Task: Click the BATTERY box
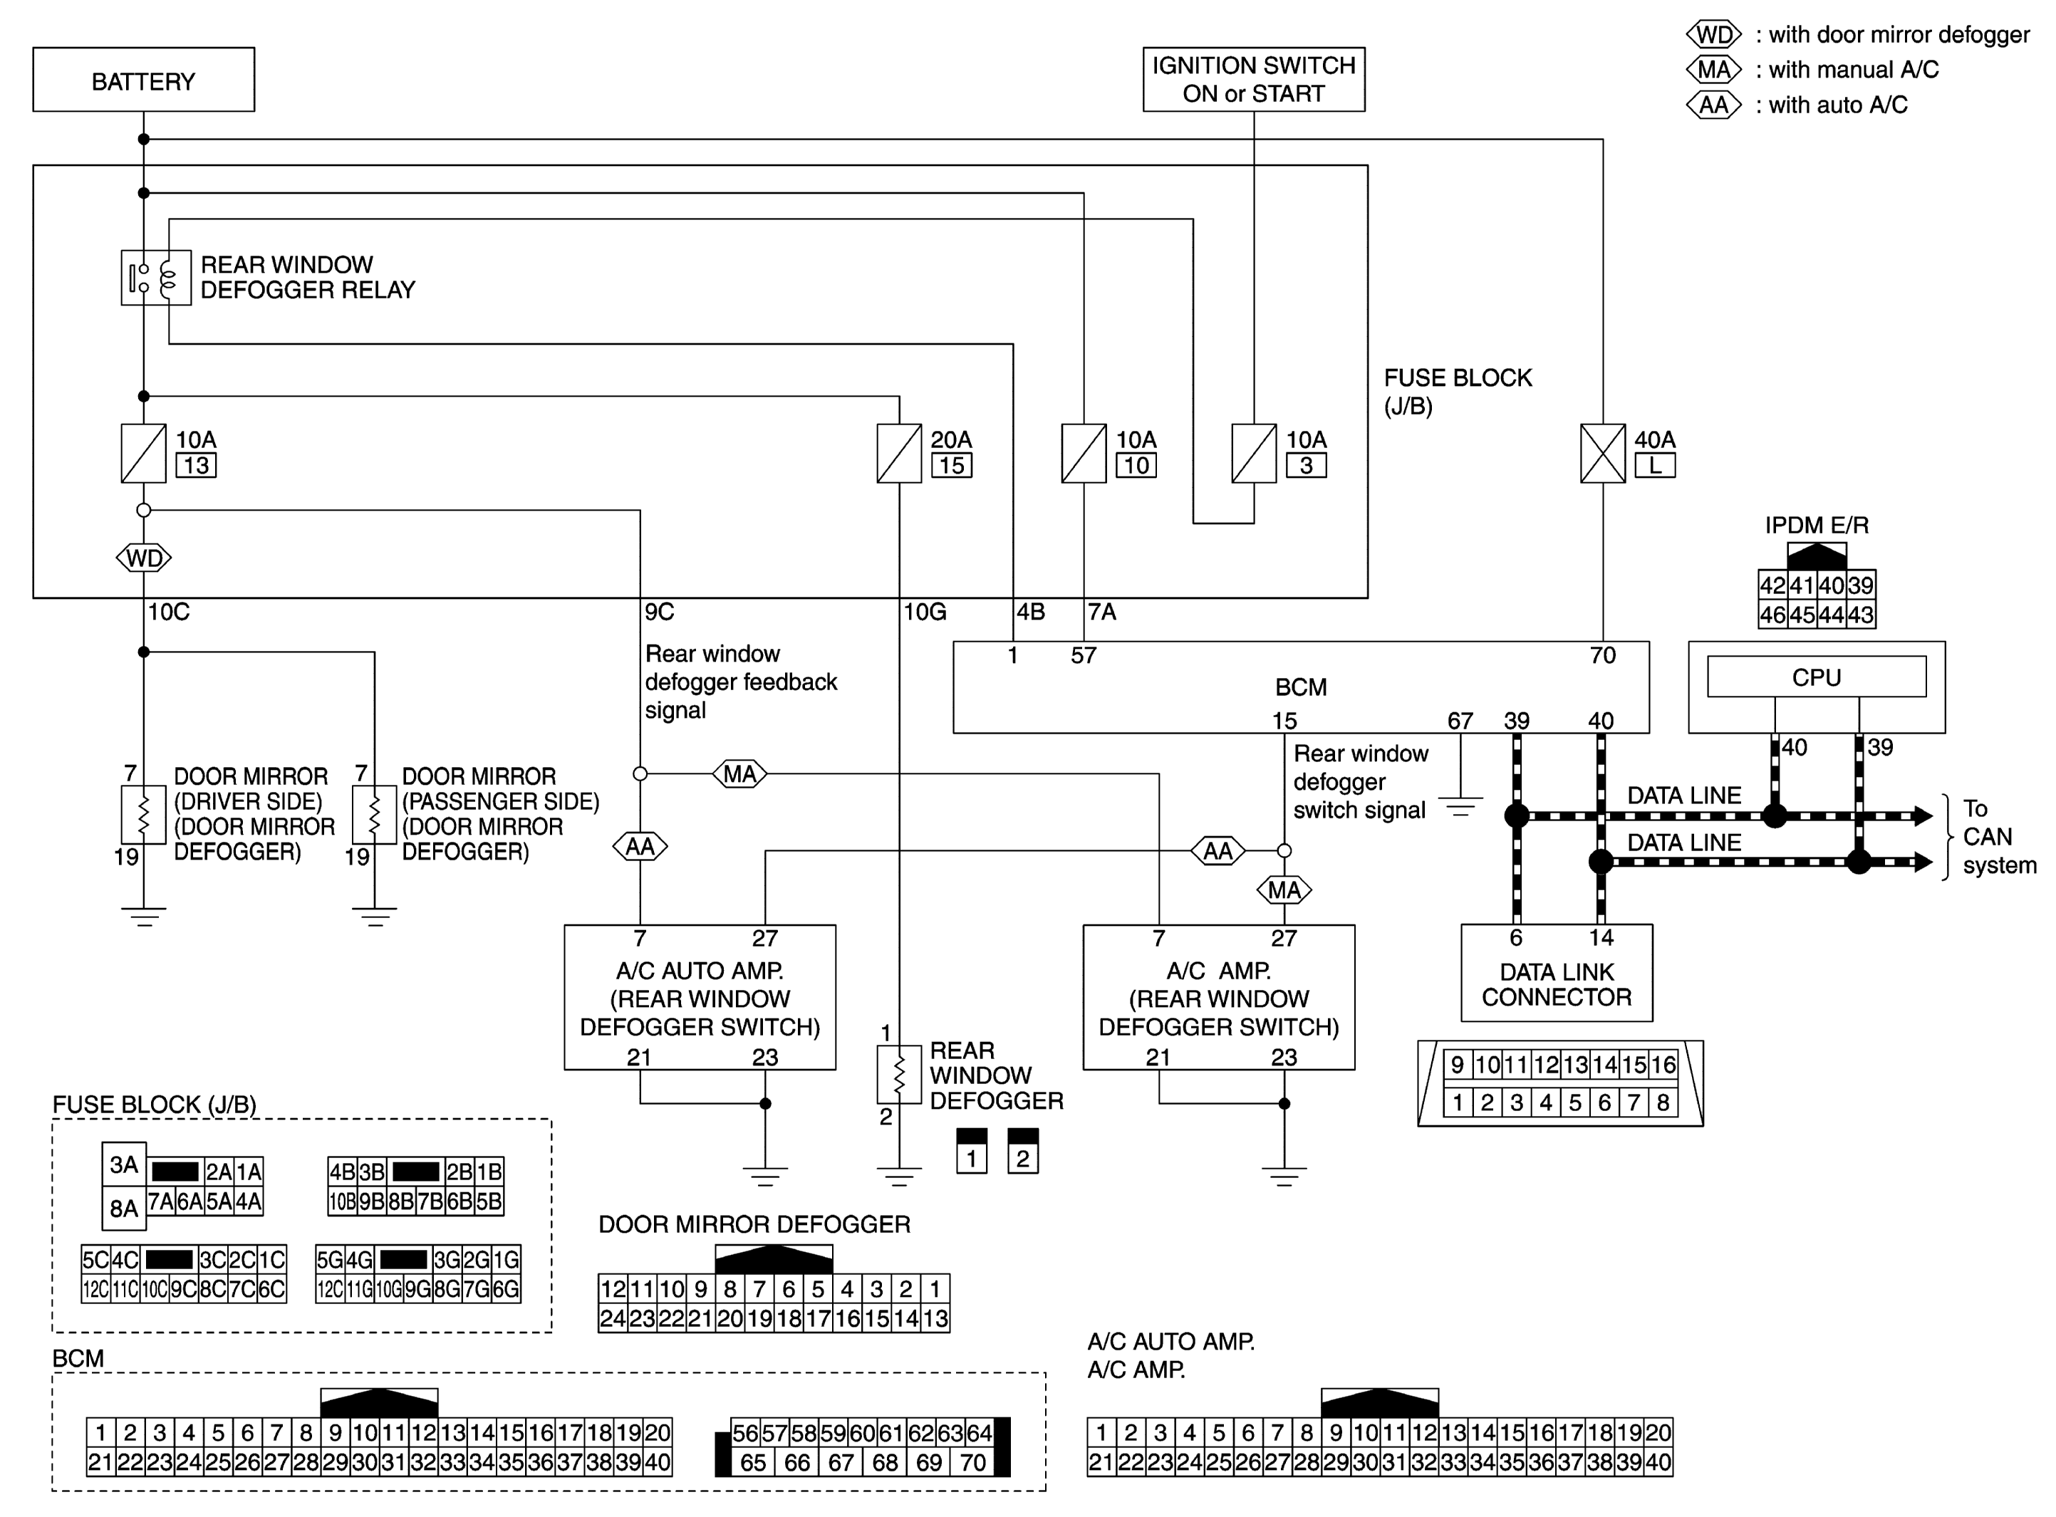(x=143, y=80)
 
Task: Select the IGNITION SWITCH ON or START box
(x=1253, y=80)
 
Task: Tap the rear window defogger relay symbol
(x=156, y=277)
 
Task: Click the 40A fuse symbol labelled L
(x=1602, y=453)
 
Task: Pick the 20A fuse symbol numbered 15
(x=899, y=453)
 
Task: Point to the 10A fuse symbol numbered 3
(x=1253, y=453)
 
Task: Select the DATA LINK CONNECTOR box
(x=1557, y=972)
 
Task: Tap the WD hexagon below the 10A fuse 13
(x=144, y=558)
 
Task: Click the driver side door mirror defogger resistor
(x=143, y=813)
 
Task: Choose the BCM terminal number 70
(x=1602, y=655)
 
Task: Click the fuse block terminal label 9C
(x=659, y=612)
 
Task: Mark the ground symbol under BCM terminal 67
(x=1460, y=806)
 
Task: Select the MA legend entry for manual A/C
(x=1811, y=70)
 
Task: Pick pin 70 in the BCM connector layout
(x=972, y=1462)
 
